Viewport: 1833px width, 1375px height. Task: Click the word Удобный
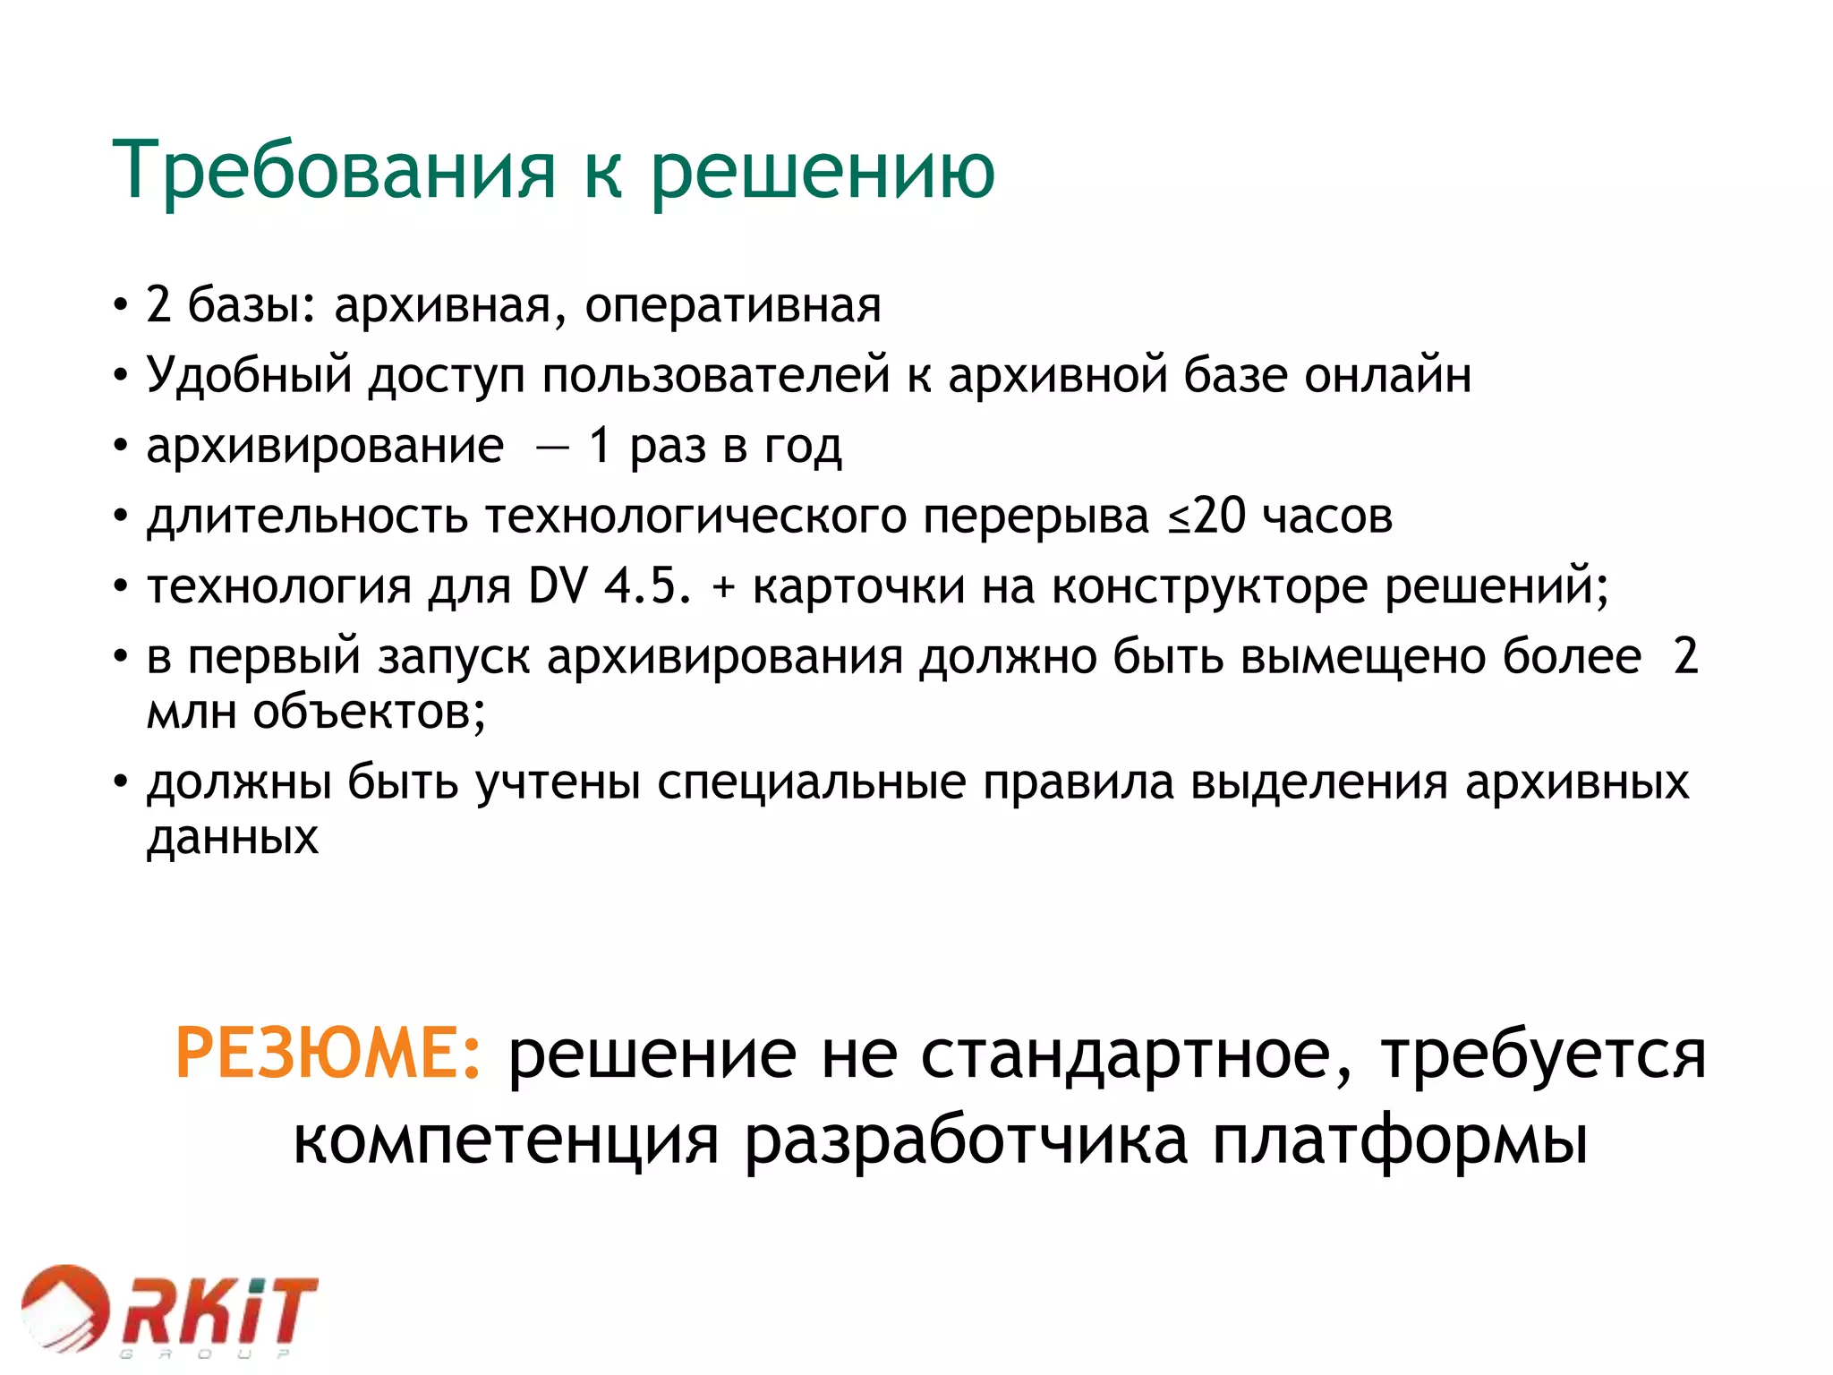click(x=250, y=375)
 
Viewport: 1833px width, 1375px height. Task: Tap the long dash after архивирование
click(x=551, y=447)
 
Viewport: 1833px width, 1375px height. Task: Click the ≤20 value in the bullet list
click(x=1206, y=517)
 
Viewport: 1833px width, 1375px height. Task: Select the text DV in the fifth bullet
click(x=558, y=587)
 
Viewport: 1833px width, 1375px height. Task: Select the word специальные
click(x=812, y=781)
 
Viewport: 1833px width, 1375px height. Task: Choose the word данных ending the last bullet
click(x=233, y=838)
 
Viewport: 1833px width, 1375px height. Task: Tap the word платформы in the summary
click(x=1400, y=1140)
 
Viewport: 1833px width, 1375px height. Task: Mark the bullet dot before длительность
click(x=121, y=517)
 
